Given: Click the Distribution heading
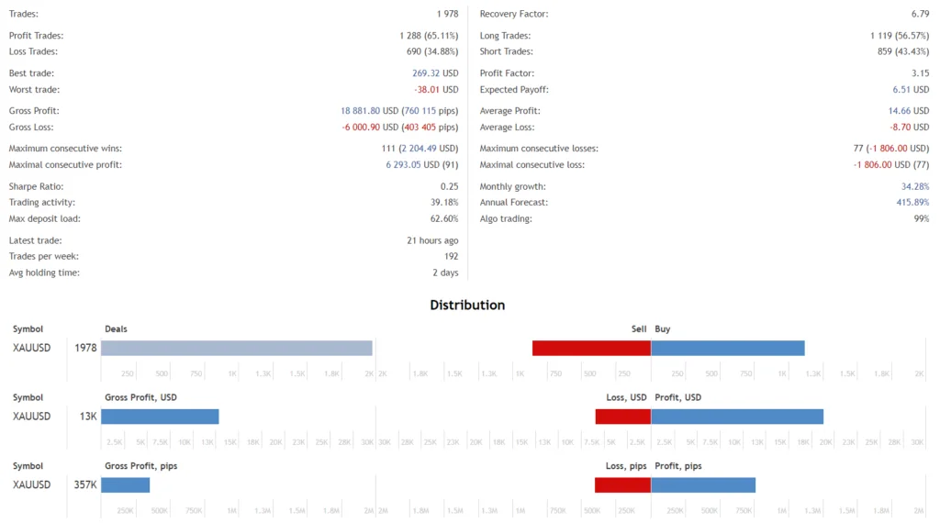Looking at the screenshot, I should click(x=467, y=305).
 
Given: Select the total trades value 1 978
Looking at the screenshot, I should click(x=447, y=14).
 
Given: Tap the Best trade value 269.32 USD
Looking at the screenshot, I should click(x=435, y=72).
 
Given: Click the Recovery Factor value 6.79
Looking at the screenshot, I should click(x=919, y=14).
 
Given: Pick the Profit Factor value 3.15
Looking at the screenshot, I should click(x=920, y=72).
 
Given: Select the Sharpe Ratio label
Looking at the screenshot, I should click(x=36, y=186).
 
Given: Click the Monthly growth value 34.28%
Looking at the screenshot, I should click(x=914, y=186).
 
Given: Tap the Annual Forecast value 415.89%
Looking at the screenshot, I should click(x=912, y=203).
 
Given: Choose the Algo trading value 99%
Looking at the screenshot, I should click(x=921, y=219).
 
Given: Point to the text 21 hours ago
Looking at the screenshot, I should click(x=432, y=240).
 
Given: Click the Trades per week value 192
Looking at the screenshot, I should click(x=450, y=256).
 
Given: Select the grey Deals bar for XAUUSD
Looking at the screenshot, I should click(x=236, y=348).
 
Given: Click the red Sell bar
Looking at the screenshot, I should click(x=591, y=348).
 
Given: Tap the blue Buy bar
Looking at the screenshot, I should click(x=727, y=348).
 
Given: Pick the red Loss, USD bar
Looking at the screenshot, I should click(x=622, y=417).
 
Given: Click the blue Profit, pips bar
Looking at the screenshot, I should click(x=702, y=484).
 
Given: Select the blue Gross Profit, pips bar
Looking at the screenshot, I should click(x=125, y=484).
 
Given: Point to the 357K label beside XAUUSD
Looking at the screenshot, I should click(x=85, y=484).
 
